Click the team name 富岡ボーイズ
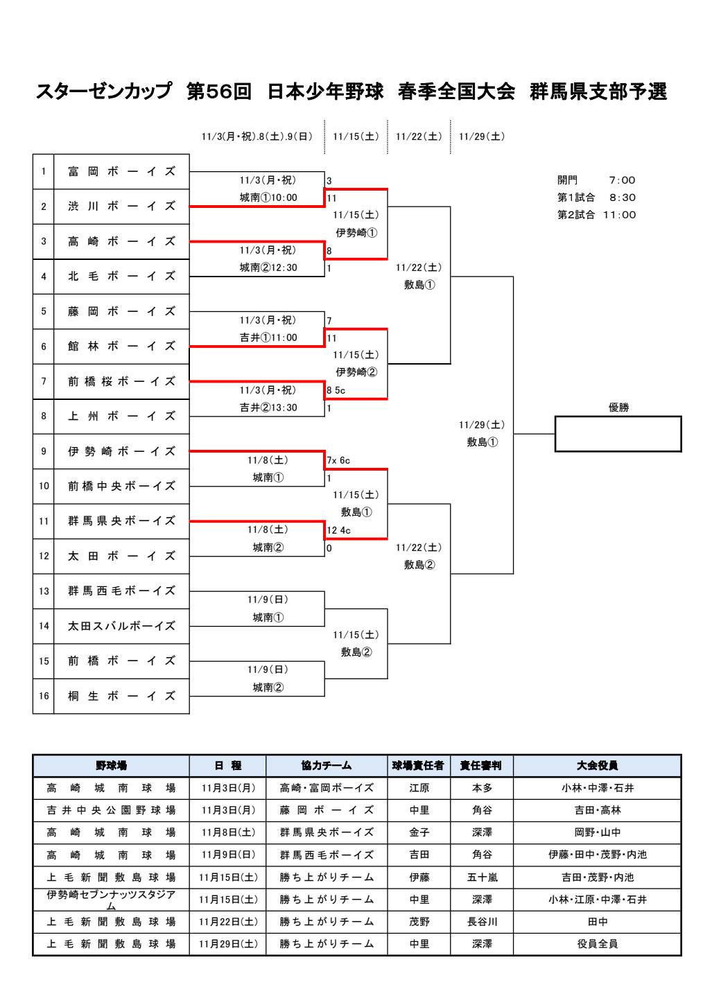[121, 172]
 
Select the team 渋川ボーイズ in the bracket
[121, 207]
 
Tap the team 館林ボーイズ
[121, 347]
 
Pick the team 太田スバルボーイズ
[121, 626]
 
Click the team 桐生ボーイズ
[121, 696]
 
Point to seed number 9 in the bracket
[44, 451]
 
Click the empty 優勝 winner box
[618, 434]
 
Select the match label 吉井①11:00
[268, 338]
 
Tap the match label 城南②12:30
[268, 268]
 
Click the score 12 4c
[339, 530]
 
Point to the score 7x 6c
[338, 460]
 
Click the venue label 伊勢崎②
[356, 372]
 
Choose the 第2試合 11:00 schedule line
[596, 215]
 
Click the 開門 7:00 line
[596, 180]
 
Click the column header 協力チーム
[327, 766]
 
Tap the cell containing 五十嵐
[482, 877]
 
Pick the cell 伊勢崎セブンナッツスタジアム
[111, 900]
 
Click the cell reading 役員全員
[597, 944]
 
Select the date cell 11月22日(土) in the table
[228, 922]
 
